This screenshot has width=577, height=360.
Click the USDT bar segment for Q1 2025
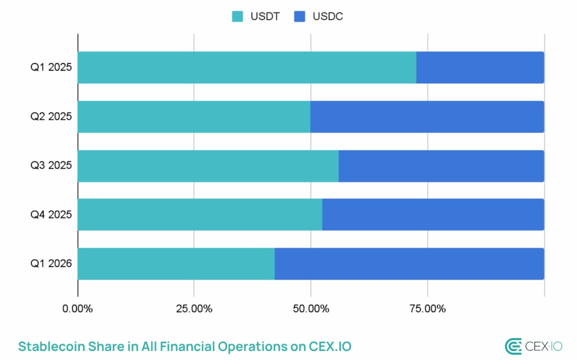tap(247, 68)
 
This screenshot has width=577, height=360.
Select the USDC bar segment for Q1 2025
tap(480, 68)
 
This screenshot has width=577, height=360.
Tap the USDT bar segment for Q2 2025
tap(194, 117)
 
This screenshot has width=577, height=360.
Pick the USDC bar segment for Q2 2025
tap(427, 117)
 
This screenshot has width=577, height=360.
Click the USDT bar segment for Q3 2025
tap(208, 166)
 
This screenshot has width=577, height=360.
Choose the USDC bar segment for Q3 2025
tap(441, 166)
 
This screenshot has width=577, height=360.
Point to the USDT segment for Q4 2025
tap(200, 215)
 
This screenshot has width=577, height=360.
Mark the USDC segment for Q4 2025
tap(433, 215)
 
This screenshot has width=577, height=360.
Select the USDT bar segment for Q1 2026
tap(176, 264)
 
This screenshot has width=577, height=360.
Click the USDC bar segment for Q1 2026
tap(410, 264)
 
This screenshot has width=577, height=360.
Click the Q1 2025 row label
tap(51, 68)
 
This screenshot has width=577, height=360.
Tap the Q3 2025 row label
tap(51, 166)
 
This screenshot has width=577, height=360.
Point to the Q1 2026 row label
tap(51, 264)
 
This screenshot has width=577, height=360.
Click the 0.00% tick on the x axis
tap(78, 309)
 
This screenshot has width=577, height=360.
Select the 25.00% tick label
tap(194, 309)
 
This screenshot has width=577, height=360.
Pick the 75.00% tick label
tap(427, 309)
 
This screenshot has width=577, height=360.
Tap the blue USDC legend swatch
tap(299, 16)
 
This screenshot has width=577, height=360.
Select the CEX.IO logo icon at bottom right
tap(513, 346)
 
